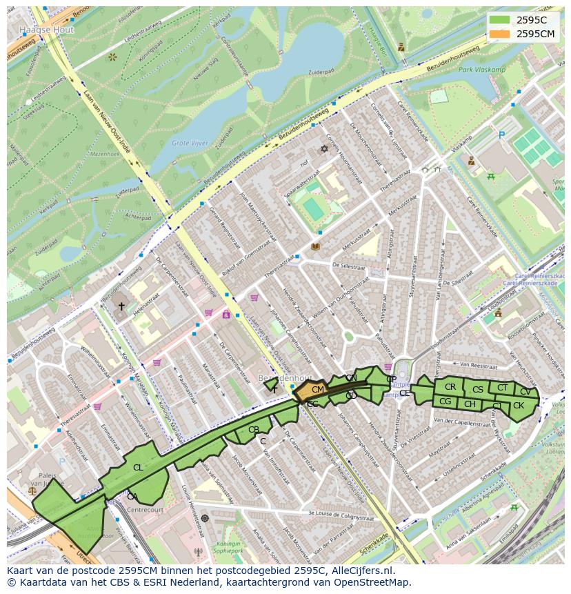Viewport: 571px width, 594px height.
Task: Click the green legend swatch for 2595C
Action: (501, 20)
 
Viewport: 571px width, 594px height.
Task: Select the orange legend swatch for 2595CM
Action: (501, 34)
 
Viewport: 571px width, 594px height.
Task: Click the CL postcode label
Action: (138, 468)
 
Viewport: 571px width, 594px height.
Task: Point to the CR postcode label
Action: (450, 387)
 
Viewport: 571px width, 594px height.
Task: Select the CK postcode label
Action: (519, 406)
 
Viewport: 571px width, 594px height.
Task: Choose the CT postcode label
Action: (502, 388)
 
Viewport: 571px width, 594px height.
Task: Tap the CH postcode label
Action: (470, 404)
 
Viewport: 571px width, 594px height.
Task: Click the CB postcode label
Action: (254, 430)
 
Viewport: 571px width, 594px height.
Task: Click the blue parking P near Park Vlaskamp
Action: (501, 136)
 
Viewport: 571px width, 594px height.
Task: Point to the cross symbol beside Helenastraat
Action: (121, 306)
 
